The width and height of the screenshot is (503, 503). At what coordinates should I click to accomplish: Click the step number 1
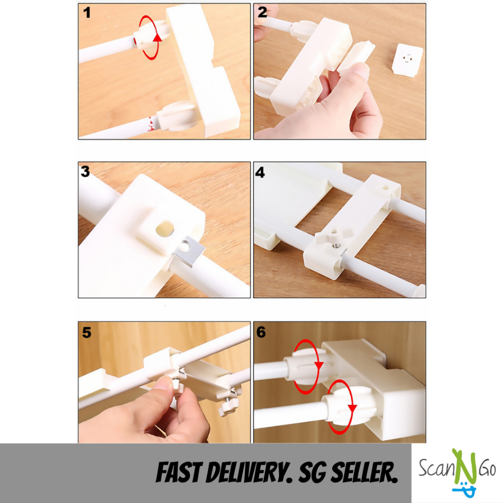pos(86,13)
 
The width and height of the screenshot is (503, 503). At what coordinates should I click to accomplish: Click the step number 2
pos(262,12)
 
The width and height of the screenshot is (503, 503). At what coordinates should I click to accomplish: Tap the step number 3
pos(85,171)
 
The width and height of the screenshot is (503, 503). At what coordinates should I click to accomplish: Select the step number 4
pos(260,172)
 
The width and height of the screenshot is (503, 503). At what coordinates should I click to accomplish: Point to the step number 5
pos(86,333)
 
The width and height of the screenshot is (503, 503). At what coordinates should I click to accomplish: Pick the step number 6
pos(261,332)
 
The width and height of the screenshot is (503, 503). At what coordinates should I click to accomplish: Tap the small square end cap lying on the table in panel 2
pos(407,60)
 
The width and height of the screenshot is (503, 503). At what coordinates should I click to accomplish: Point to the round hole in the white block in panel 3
pos(165,229)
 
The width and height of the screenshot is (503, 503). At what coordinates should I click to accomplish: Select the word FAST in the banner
pos(178,473)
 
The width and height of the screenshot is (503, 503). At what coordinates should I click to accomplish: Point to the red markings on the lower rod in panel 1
pos(150,124)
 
